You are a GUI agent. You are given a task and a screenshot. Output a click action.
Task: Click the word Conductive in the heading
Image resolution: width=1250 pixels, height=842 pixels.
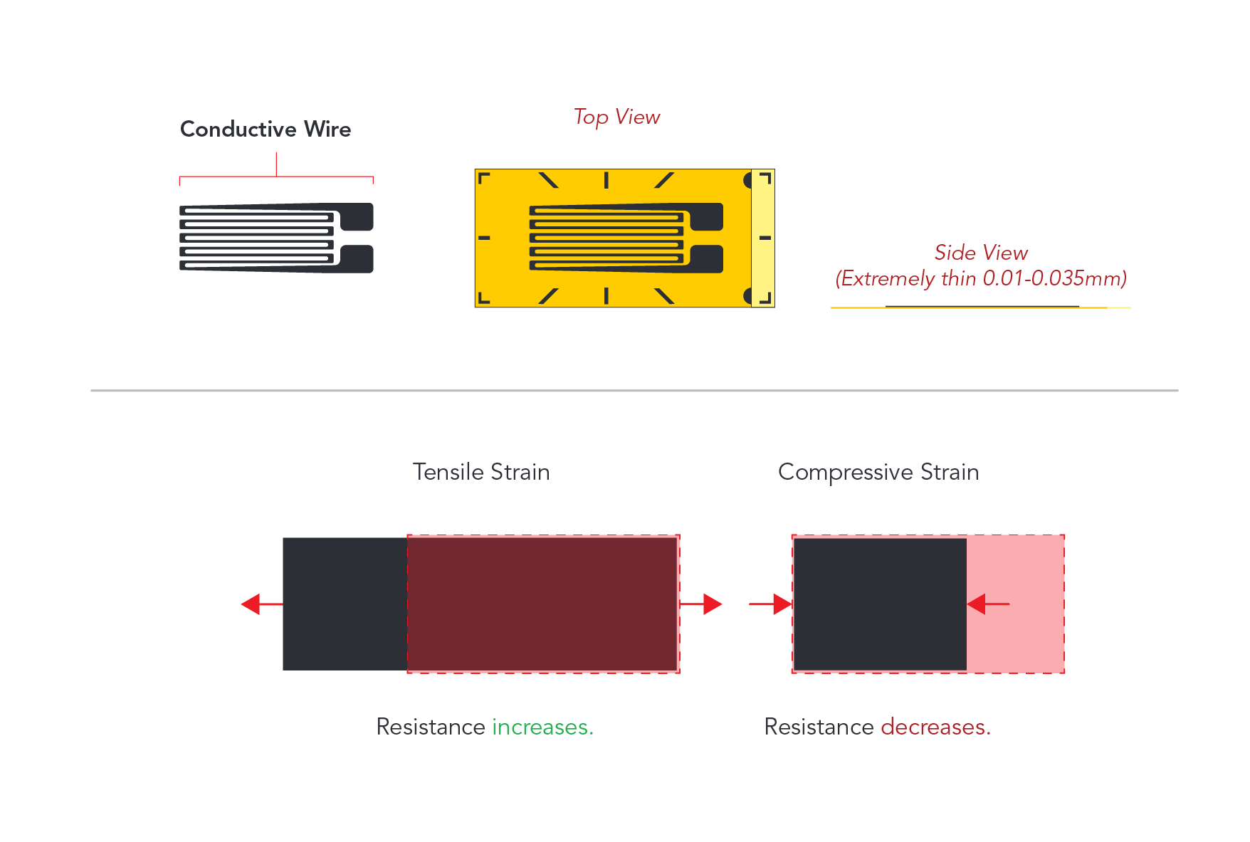click(238, 129)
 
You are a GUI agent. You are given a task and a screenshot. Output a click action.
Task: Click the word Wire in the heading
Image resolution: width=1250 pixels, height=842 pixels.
click(327, 129)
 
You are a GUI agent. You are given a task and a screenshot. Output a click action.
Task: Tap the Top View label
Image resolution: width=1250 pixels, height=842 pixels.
click(617, 117)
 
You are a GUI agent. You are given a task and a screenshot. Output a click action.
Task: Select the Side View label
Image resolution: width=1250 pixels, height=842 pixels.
click(981, 253)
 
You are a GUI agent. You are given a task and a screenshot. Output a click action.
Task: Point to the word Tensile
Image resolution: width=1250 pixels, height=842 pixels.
click(448, 472)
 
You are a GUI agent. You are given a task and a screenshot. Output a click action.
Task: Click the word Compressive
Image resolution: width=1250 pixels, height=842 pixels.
click(846, 472)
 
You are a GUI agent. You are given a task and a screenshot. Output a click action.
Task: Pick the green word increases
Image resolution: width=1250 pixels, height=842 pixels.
click(542, 727)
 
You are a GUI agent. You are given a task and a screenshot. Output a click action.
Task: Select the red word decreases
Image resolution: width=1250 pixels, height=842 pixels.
click(935, 727)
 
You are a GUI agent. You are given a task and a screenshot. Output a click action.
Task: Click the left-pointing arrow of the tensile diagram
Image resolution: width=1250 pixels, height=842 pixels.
click(262, 604)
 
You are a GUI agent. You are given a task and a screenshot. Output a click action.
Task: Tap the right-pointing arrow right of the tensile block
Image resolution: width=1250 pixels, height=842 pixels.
click(701, 604)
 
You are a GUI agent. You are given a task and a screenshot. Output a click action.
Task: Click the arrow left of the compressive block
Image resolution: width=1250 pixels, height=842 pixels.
click(770, 604)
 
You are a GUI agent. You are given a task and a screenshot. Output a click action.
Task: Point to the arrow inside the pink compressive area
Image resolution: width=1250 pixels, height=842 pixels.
click(988, 604)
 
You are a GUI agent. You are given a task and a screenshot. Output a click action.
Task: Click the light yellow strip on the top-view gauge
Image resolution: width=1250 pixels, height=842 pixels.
click(763, 238)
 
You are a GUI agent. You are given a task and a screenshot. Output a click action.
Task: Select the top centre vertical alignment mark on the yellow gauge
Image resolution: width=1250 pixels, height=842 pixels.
click(606, 180)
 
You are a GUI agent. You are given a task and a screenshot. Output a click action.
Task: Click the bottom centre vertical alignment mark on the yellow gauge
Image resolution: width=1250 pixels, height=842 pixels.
click(606, 296)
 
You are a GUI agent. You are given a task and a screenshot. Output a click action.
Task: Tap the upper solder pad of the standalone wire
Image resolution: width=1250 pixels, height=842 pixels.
click(357, 217)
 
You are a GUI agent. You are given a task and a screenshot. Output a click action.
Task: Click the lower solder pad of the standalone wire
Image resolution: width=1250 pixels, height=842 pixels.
click(357, 258)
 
